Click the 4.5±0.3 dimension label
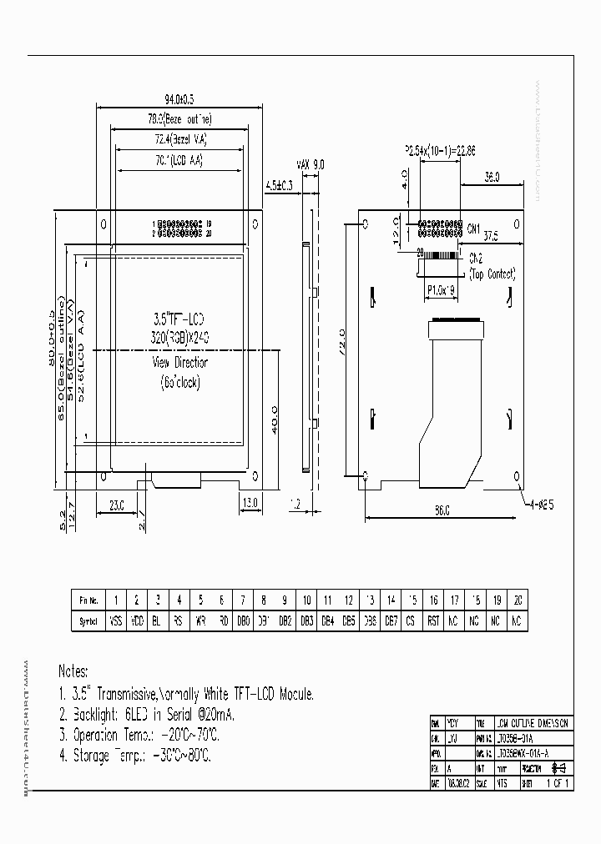pyautogui.click(x=279, y=184)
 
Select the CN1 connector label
pyautogui.click(x=474, y=229)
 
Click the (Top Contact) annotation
pyautogui.click(x=492, y=274)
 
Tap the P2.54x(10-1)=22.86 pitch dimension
pyautogui.click(x=440, y=151)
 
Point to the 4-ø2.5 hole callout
pyautogui.click(x=542, y=505)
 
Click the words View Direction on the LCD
pyautogui.click(x=179, y=363)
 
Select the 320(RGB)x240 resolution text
pyautogui.click(x=179, y=337)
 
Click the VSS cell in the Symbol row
pyautogui.click(x=115, y=620)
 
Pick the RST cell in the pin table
pyautogui.click(x=433, y=620)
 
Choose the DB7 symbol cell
pyautogui.click(x=391, y=620)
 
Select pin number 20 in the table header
pyautogui.click(x=518, y=600)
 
